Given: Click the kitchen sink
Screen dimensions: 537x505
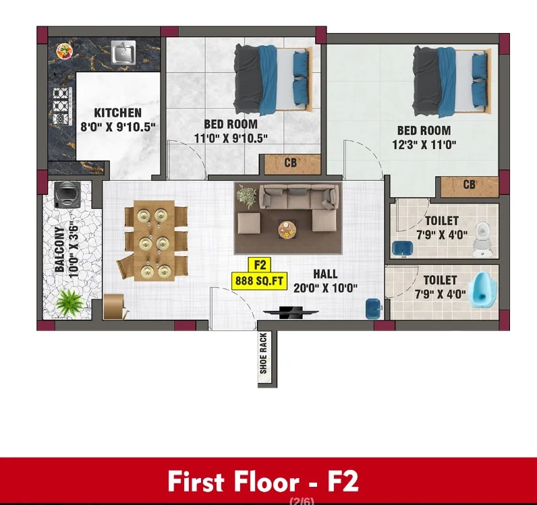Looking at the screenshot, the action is [123, 52].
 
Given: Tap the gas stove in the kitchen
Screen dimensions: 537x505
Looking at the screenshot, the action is [62, 107].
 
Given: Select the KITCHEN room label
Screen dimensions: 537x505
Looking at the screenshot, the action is [117, 113].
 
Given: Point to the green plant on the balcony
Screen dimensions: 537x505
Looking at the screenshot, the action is [69, 302].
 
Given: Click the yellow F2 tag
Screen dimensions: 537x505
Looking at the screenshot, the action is [260, 265].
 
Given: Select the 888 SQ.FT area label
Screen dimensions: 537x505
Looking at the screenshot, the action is [259, 280].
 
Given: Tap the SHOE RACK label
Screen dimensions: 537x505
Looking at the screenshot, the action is [263, 353].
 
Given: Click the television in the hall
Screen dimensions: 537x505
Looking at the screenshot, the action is [291, 312].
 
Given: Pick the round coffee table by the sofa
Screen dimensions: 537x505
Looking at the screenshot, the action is [287, 229].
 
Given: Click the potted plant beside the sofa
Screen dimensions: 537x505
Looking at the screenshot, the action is [246, 196].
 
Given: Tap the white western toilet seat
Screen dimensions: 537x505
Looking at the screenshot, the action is [482, 239].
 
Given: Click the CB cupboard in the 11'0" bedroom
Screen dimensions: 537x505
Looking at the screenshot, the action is [290, 163].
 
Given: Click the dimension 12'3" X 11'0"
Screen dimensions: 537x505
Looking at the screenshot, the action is [424, 145].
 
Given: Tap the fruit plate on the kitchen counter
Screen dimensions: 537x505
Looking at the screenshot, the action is [64, 51].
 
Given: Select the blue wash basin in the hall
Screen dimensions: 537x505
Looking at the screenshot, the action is [374, 309].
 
